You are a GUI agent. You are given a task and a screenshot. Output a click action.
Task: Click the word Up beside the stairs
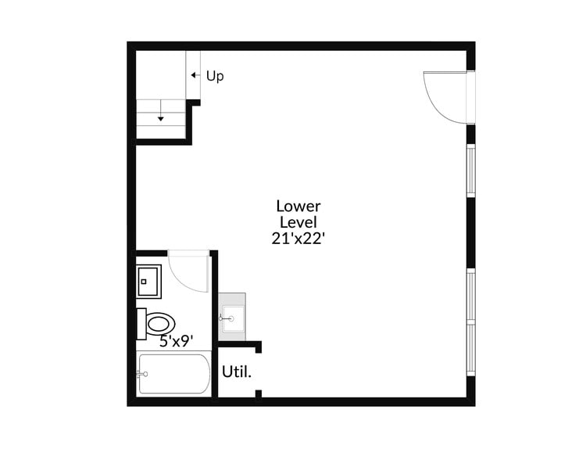(215, 77)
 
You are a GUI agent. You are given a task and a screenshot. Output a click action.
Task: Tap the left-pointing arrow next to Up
(194, 76)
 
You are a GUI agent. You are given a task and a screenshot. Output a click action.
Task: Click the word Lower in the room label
(298, 207)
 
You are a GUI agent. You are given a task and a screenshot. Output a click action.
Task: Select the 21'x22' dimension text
(298, 239)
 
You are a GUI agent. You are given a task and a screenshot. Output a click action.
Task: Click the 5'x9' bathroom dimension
(177, 341)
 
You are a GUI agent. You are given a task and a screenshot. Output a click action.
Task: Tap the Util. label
(237, 372)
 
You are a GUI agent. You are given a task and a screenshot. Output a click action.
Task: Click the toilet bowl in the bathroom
(159, 323)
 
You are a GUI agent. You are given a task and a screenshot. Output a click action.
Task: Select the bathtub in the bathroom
(173, 374)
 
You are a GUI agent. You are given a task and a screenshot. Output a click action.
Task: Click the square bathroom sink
(148, 281)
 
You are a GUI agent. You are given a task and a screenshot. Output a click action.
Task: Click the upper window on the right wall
(470, 170)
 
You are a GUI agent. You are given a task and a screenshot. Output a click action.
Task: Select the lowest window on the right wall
(470, 347)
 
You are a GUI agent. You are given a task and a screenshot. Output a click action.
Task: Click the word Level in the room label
(298, 223)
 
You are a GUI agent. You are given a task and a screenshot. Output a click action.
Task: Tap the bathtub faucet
(142, 374)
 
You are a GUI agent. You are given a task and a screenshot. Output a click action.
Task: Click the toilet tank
(141, 323)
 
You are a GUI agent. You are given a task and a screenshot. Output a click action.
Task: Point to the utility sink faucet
(227, 318)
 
